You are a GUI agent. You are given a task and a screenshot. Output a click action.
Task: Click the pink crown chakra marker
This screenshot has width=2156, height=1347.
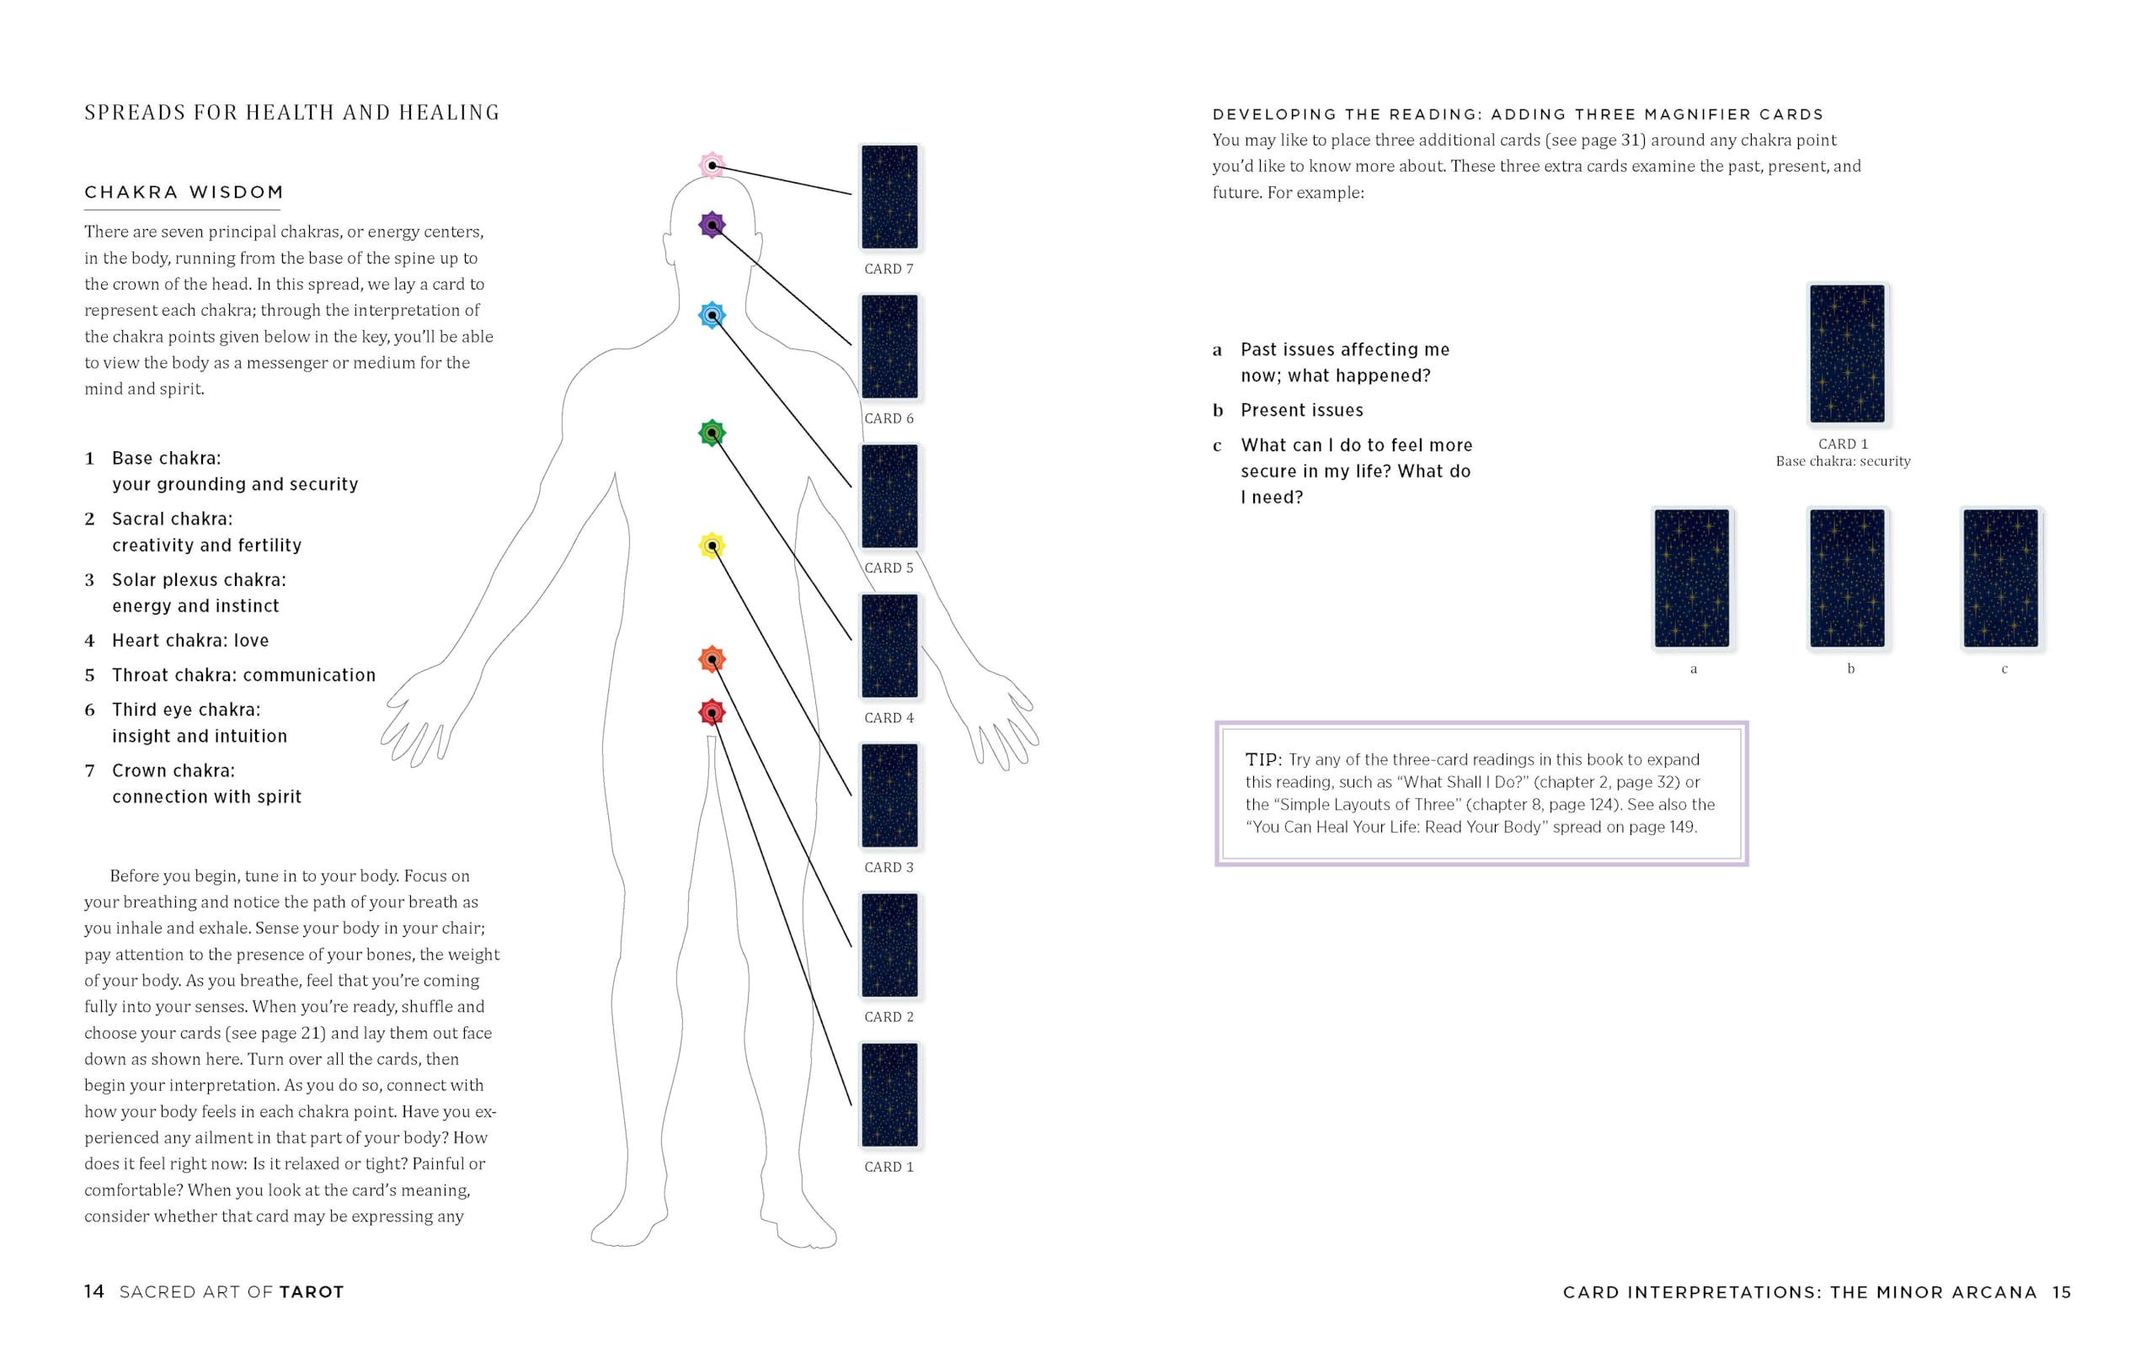(x=712, y=165)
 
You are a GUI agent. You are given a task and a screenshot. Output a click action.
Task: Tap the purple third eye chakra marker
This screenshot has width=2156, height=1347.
(x=712, y=225)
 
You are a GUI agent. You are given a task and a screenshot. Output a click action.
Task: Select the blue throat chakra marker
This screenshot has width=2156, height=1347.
(x=712, y=315)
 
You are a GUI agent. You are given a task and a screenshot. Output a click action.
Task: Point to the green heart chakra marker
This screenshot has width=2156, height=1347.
(x=712, y=433)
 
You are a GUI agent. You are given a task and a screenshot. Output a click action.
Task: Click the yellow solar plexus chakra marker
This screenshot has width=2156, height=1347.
(x=712, y=546)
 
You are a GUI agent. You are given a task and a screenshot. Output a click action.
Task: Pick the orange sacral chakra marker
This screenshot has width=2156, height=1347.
(x=712, y=659)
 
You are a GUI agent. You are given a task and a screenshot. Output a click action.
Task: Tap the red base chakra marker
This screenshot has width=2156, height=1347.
(x=712, y=712)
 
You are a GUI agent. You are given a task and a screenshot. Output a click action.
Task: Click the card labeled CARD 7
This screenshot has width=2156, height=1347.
(x=889, y=197)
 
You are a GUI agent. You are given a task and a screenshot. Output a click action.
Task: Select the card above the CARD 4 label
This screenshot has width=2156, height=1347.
(x=889, y=646)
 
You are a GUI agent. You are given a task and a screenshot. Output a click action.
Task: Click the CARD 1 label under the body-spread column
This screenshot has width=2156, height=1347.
(x=889, y=1167)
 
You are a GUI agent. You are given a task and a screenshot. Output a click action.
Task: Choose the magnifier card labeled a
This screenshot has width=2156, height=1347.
(x=1692, y=578)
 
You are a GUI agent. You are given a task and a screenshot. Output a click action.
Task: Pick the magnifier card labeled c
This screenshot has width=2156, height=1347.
(x=2001, y=578)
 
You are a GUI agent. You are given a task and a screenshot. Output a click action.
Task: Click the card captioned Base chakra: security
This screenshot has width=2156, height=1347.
(x=1847, y=354)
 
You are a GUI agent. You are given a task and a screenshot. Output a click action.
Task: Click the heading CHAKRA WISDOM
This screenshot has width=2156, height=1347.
(x=184, y=193)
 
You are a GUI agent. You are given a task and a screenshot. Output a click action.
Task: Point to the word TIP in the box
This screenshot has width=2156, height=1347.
(x=1262, y=760)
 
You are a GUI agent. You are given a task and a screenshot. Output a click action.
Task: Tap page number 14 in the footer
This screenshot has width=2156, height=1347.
(x=94, y=1291)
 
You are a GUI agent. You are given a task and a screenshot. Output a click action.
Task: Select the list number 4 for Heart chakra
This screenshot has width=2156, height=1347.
(x=89, y=641)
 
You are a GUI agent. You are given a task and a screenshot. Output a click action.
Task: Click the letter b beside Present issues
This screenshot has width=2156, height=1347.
(x=1217, y=411)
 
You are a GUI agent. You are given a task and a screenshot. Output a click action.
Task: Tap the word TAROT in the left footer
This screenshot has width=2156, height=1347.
(x=311, y=1292)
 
